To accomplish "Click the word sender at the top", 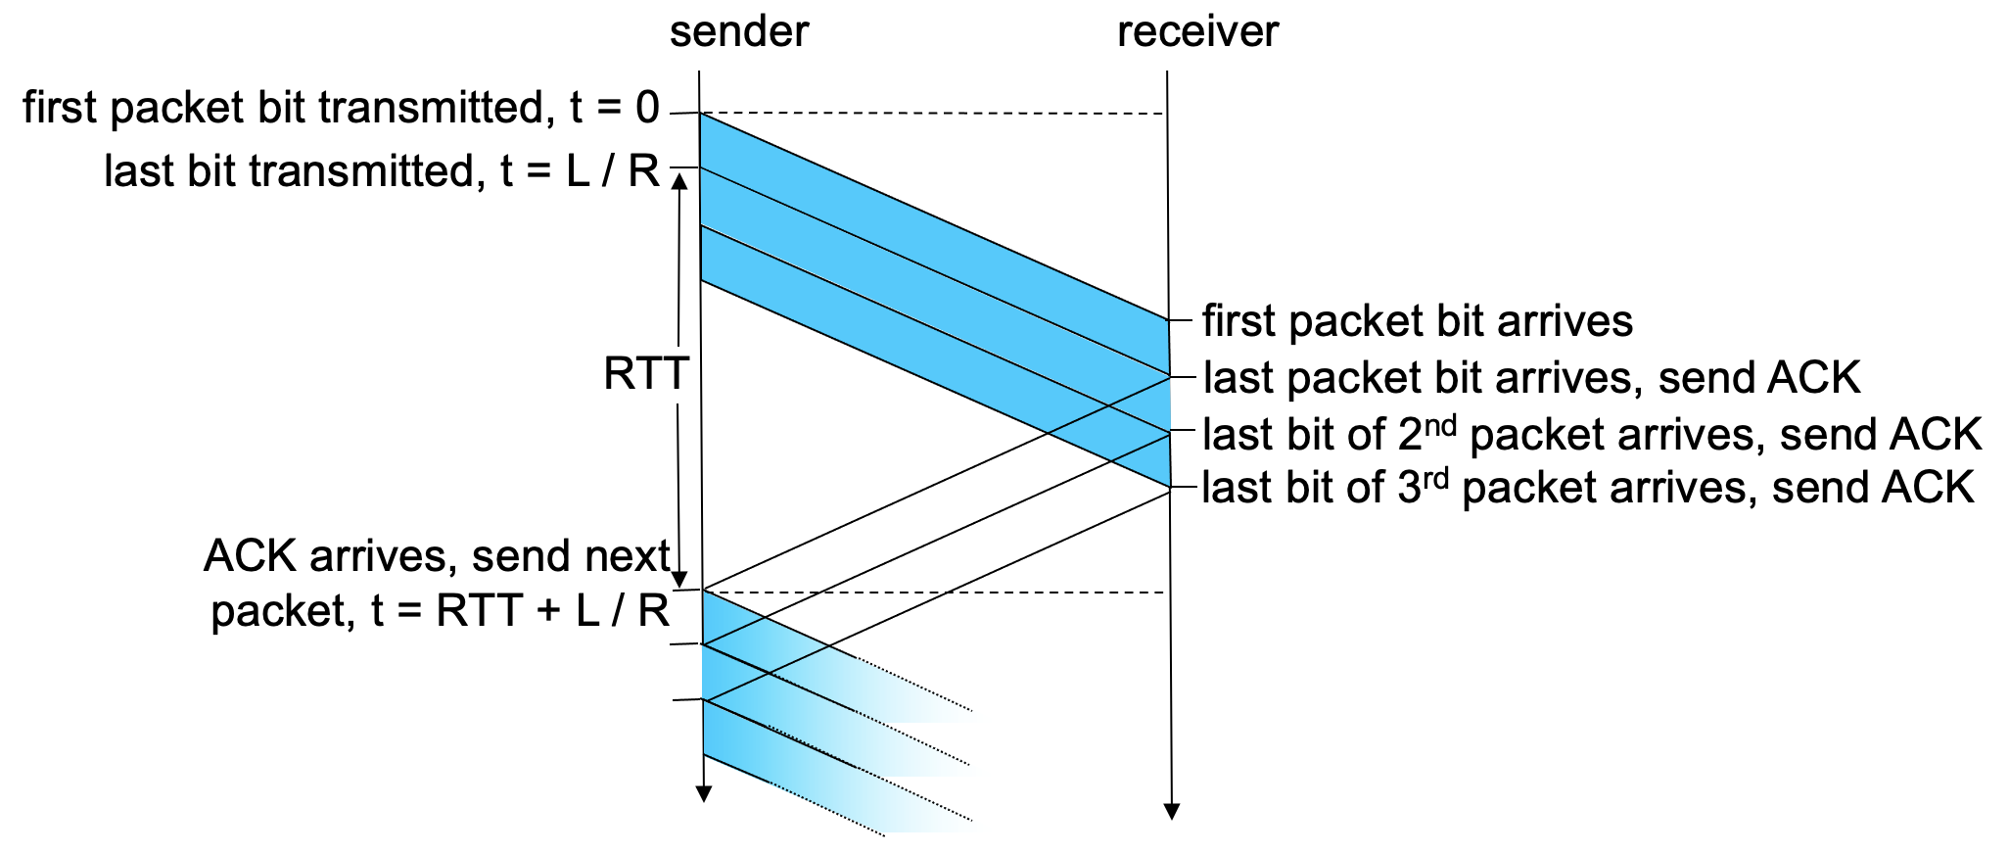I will click(x=739, y=31).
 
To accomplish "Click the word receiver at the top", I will click(x=1197, y=31).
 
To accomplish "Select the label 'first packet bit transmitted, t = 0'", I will click(x=341, y=108).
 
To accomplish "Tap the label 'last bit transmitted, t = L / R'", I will click(x=382, y=171).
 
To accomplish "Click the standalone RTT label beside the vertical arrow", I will click(x=646, y=375).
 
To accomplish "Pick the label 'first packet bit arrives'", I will click(x=1417, y=321).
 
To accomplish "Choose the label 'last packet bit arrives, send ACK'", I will click(x=1531, y=378).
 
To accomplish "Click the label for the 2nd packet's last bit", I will click(x=1591, y=435).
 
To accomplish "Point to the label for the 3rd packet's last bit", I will click(x=1587, y=488).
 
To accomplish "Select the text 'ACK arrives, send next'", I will click(x=437, y=556).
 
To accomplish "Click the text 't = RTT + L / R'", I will click(x=520, y=611).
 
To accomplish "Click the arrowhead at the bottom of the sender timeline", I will click(x=702, y=793).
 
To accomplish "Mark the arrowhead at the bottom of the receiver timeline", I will click(x=1170, y=811).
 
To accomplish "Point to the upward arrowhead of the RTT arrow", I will click(x=678, y=181).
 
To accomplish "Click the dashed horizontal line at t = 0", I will click(x=930, y=115).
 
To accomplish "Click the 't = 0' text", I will click(x=615, y=108).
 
